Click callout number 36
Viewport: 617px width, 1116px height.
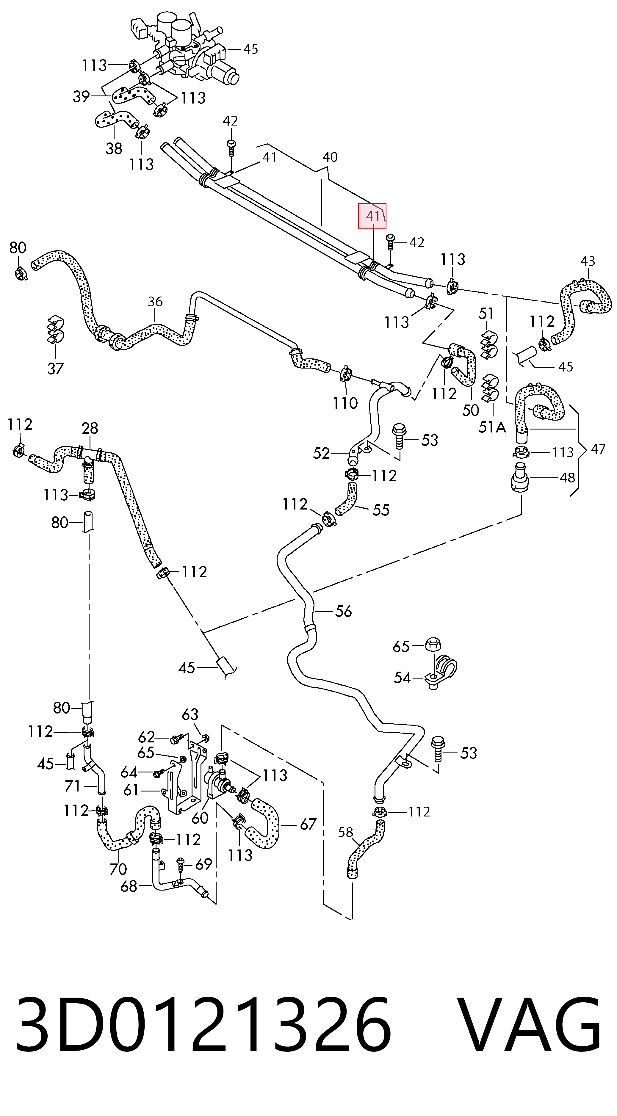(155, 302)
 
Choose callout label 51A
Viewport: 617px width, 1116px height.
(492, 427)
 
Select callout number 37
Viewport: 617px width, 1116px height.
(55, 369)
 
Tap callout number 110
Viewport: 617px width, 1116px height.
(345, 403)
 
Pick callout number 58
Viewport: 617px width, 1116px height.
(346, 832)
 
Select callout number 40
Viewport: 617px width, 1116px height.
(330, 157)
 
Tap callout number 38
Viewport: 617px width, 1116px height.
(114, 149)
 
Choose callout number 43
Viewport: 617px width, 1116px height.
(588, 261)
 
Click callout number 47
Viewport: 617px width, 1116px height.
(598, 449)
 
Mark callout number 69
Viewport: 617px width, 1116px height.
(203, 864)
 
